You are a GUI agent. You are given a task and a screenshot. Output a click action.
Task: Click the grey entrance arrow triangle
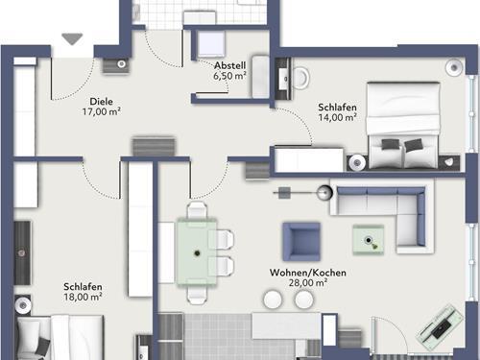[x=72, y=38]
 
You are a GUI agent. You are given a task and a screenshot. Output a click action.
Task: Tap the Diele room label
[x=101, y=102]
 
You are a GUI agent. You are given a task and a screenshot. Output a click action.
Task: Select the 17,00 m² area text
[x=102, y=111]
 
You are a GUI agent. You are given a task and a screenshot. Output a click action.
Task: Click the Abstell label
[x=230, y=65]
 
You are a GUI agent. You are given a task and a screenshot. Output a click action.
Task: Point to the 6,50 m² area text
[x=229, y=76]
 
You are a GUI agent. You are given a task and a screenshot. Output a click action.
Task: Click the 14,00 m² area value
[x=337, y=117]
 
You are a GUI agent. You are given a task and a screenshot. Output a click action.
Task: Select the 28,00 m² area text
[x=308, y=283]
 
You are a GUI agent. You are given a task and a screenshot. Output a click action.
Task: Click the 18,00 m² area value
[x=83, y=297]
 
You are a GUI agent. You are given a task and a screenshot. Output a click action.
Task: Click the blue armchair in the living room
[x=301, y=241]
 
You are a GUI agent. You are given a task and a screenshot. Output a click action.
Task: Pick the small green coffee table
[x=369, y=240]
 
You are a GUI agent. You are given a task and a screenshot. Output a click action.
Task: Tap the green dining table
[x=197, y=252]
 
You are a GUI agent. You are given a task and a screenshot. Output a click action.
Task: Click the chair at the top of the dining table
[x=197, y=209]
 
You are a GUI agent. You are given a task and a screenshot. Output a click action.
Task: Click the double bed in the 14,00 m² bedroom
[x=403, y=126]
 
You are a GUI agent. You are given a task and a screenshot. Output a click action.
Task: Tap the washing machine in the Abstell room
[x=211, y=45]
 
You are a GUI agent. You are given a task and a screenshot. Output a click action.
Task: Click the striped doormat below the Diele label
[x=154, y=147]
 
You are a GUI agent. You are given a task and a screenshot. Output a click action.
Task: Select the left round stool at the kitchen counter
[x=273, y=300]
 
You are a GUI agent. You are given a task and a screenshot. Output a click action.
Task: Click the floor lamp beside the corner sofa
[x=324, y=193]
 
